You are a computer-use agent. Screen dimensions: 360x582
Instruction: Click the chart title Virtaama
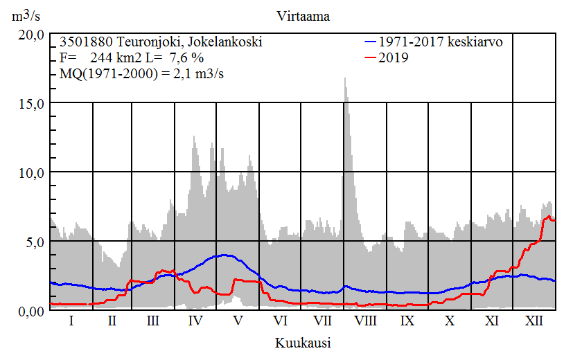(x=301, y=16)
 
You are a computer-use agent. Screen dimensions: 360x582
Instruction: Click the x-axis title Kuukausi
(x=302, y=343)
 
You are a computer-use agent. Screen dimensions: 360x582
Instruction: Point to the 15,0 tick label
(x=31, y=103)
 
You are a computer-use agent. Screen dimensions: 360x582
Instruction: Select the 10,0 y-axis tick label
(x=31, y=172)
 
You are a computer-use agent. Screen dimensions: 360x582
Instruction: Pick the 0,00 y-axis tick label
(x=31, y=311)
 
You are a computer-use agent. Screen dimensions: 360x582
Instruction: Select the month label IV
(x=195, y=321)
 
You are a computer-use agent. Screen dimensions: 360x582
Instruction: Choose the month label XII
(x=534, y=321)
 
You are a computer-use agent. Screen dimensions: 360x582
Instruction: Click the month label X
(x=450, y=321)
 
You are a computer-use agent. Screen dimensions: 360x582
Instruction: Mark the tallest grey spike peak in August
(x=345, y=79)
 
